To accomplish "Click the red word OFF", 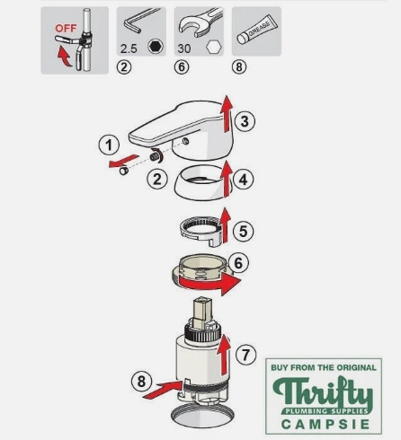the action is (x=66, y=29).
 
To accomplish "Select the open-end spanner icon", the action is (x=200, y=22).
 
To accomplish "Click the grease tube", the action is (x=257, y=29).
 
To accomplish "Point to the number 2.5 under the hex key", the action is (x=129, y=48).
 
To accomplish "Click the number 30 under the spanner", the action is (x=184, y=48).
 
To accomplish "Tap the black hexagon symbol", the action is (x=156, y=47).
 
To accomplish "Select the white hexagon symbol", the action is (x=214, y=47).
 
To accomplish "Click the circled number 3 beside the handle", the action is (x=245, y=121).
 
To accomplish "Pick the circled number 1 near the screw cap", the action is (x=109, y=145).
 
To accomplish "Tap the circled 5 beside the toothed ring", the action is (x=243, y=231).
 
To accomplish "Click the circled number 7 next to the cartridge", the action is (x=245, y=355).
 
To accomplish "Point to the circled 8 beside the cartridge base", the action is (x=141, y=381).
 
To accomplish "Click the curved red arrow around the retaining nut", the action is (x=209, y=284).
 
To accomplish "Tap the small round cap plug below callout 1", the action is (x=124, y=171).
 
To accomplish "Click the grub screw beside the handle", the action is (x=155, y=156).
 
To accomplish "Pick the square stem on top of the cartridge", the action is (x=201, y=312).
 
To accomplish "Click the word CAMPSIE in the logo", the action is (x=325, y=424).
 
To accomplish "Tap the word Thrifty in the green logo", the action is (x=323, y=392).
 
